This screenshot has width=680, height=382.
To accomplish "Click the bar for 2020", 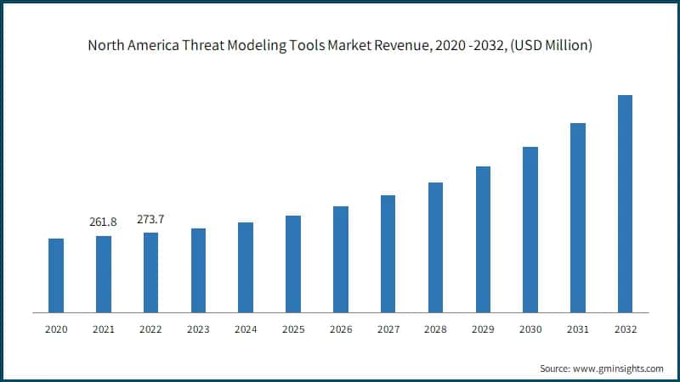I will tap(56, 275).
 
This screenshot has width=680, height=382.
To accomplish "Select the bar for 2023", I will tap(198, 270).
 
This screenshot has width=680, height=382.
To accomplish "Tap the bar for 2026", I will tap(341, 259).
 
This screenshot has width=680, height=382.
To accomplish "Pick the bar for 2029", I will tap(483, 239).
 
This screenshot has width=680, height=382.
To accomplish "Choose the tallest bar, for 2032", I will tap(625, 204).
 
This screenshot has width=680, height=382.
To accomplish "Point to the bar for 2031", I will tap(578, 217).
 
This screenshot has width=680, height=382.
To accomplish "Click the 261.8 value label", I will tap(103, 222).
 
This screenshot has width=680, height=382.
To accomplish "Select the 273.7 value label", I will tap(150, 219).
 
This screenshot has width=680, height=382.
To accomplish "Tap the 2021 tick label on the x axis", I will tap(103, 328).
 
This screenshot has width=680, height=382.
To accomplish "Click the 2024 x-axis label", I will tap(246, 328).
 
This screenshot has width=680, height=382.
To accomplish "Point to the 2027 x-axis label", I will tap(388, 328).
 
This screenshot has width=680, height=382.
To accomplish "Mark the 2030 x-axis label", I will tap(530, 328).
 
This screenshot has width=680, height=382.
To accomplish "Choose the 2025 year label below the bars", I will tap(293, 328).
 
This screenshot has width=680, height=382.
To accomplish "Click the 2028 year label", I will tap(435, 328).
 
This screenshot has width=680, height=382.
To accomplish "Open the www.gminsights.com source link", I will tap(620, 368).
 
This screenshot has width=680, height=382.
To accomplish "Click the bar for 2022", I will tap(150, 272).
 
